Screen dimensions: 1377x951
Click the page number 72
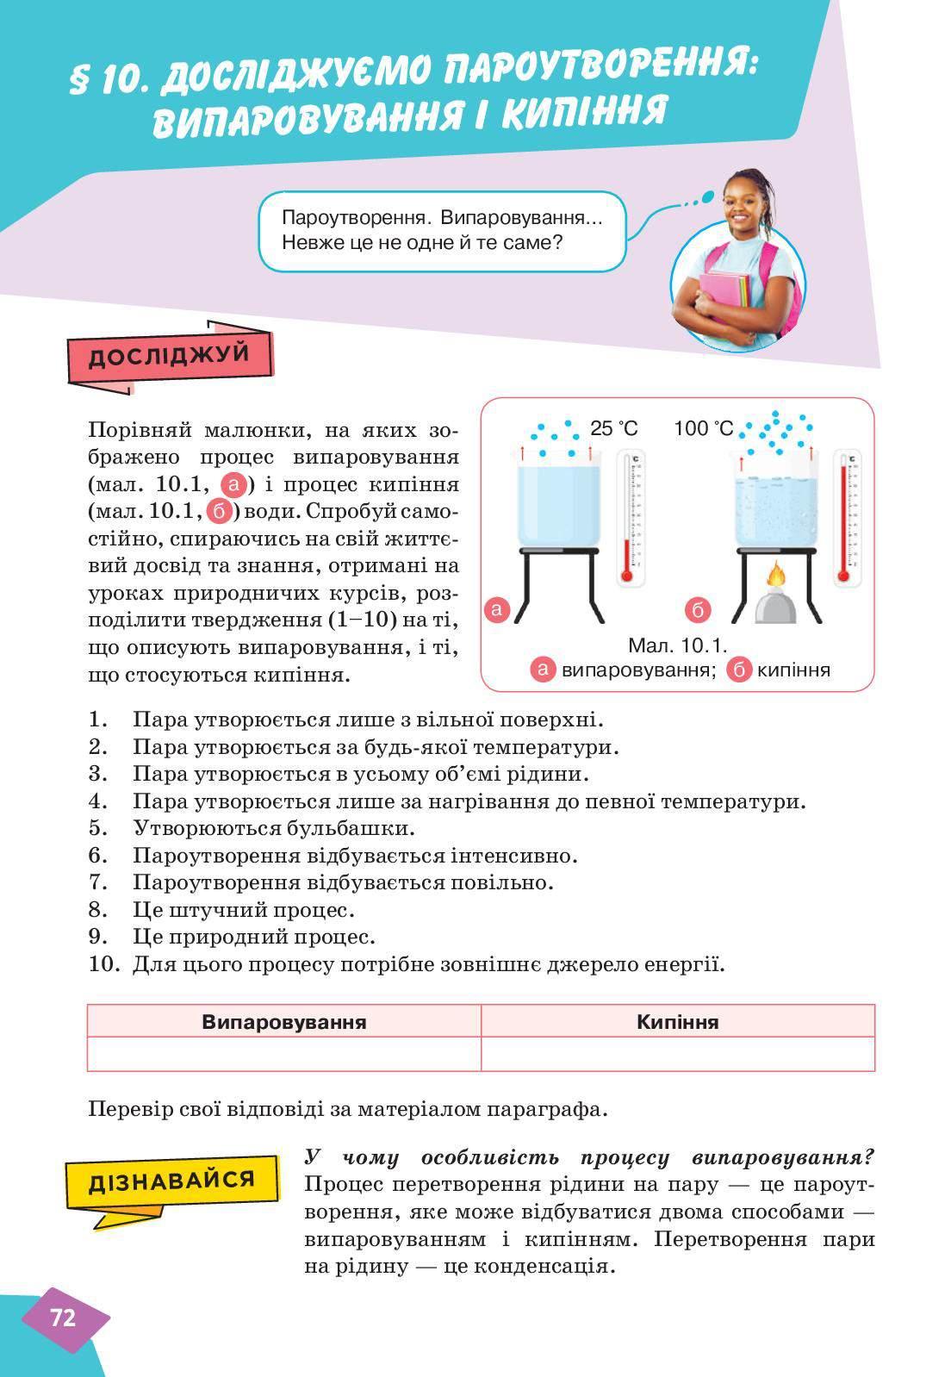(64, 1318)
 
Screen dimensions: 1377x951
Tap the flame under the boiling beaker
(776, 575)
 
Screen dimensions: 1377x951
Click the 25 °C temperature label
(614, 428)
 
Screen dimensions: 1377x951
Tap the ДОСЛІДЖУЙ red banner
(169, 355)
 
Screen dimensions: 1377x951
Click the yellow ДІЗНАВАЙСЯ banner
(171, 1181)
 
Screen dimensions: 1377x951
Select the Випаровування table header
(283, 1022)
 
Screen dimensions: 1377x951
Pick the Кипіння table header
(677, 1022)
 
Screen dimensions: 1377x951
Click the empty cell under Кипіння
(677, 1053)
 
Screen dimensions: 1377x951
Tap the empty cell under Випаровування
(283, 1053)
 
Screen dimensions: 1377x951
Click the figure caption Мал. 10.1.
(678, 645)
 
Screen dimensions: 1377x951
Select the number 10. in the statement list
(103, 963)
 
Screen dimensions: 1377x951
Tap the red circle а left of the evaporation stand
(498, 610)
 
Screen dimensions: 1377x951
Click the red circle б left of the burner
(698, 610)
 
